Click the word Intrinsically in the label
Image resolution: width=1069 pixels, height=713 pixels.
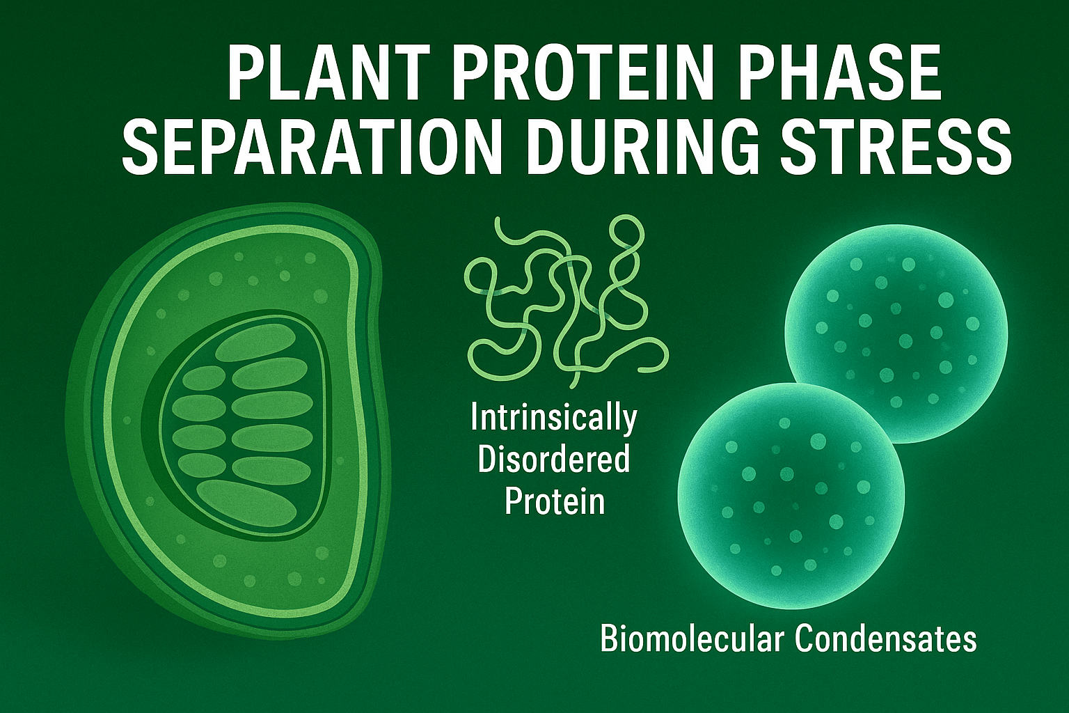tap(554, 418)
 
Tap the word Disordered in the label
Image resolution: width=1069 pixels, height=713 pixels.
tap(554, 459)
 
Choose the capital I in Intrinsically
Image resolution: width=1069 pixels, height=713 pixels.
tap(475, 418)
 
